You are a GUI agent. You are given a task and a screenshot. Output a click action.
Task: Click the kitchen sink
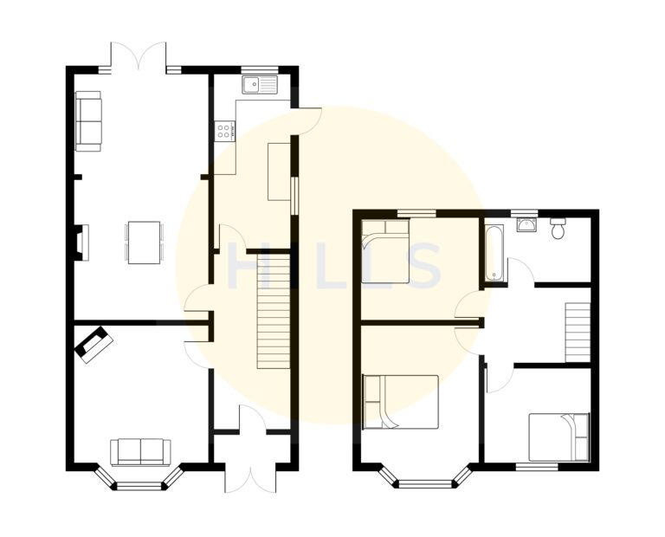260,85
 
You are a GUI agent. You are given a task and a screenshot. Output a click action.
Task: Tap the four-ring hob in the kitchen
224,131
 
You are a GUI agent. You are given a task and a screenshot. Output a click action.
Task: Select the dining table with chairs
144,242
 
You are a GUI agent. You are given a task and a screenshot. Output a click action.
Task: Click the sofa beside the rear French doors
88,120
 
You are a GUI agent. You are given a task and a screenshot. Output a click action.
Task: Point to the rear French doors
139,57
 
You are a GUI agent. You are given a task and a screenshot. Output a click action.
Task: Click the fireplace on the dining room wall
81,243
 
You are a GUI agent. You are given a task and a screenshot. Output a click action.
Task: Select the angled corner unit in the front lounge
94,344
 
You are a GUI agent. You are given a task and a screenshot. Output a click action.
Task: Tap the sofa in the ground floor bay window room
139,451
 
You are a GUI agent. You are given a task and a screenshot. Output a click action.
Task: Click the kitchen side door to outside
307,121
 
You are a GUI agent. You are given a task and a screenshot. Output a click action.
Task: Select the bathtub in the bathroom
494,254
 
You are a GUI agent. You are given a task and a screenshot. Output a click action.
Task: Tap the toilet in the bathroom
558,228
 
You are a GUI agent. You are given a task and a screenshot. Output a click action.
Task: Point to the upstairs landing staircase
578,332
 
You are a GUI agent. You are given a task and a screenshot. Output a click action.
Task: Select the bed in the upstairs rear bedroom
385,251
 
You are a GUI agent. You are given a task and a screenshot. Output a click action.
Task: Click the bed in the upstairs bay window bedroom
401,402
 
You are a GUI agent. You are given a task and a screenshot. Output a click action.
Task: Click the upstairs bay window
425,480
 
